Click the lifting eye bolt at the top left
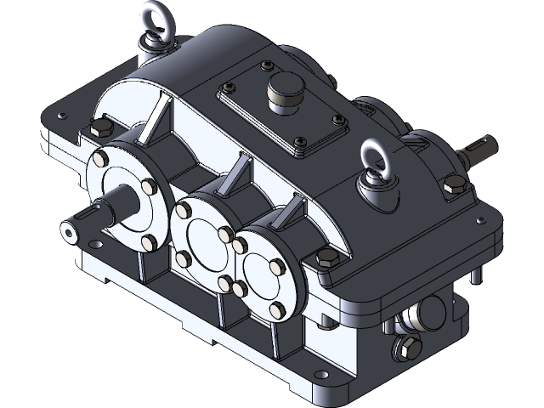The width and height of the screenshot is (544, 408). [154, 25]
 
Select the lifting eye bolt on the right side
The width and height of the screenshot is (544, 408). [375, 161]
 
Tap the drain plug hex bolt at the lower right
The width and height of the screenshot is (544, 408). [406, 348]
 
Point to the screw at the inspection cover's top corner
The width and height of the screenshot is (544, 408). [269, 65]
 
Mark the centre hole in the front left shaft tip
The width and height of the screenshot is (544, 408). [67, 229]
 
